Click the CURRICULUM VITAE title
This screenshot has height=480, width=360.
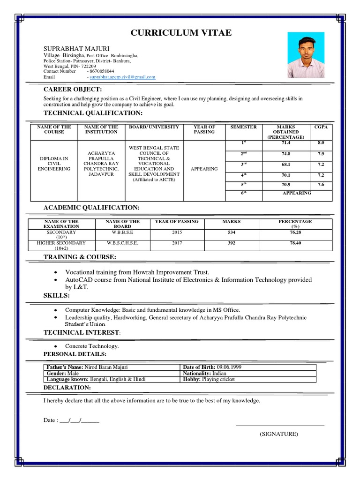(180, 32)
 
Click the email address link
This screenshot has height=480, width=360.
(123, 77)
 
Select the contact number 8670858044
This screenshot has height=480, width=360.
(102, 71)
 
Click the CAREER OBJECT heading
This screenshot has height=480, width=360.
(73, 90)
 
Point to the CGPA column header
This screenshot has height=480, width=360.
(321, 127)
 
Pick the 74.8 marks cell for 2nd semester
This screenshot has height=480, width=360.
(286, 154)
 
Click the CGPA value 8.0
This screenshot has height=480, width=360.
(321, 142)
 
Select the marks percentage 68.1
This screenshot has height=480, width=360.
(286, 165)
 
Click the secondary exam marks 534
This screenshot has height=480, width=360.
(232, 232)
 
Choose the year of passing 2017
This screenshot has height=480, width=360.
(177, 243)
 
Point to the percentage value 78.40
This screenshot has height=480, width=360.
(295, 243)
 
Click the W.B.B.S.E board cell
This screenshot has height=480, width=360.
(122, 232)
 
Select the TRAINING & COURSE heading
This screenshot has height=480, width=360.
(80, 257)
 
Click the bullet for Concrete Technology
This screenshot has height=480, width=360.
(55, 346)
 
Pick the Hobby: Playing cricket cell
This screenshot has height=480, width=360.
(209, 379)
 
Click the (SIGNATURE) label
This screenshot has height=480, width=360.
(279, 434)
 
